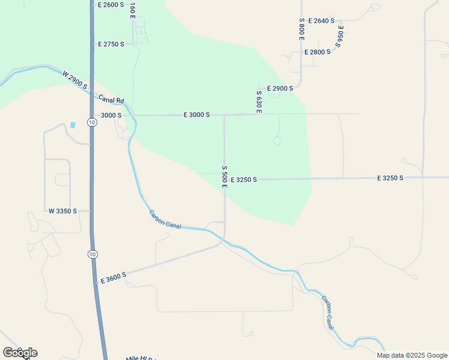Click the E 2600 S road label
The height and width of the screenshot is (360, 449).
[x=110, y=5]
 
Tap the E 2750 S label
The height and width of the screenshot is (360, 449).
[x=111, y=44]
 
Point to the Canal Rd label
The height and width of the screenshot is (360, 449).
[x=112, y=100]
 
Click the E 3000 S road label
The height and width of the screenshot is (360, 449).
[x=196, y=115]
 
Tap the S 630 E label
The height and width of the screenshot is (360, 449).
[x=259, y=101]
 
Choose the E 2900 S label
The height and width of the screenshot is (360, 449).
[x=280, y=89]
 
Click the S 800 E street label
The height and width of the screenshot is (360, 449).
[x=302, y=29]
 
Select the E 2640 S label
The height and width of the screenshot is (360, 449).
[x=321, y=21]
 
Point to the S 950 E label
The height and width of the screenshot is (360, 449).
[x=340, y=36]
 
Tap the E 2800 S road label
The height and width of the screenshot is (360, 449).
[x=318, y=52]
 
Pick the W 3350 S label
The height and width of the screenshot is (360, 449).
[x=63, y=211]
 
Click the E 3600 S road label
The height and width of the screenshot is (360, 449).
[x=113, y=277]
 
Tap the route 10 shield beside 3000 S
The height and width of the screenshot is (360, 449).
[x=91, y=122]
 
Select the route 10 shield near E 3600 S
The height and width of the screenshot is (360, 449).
[x=91, y=254]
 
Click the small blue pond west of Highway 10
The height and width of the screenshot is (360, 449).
[x=73, y=125]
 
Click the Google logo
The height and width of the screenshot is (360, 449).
[x=20, y=353]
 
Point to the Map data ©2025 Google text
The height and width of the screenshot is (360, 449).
[x=412, y=355]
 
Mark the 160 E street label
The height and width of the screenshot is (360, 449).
[x=132, y=10]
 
